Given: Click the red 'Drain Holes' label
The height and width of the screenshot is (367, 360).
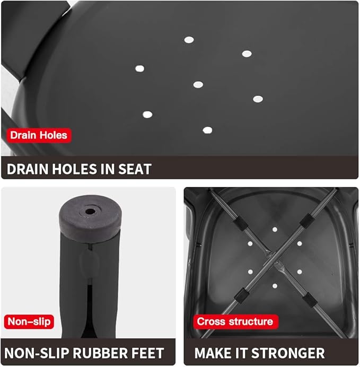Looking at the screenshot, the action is click(39, 135).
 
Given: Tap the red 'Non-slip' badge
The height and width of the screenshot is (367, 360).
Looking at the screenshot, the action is click(29, 321).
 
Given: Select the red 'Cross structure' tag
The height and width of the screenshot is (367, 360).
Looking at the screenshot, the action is click(235, 321).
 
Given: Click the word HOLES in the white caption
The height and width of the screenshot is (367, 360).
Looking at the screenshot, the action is click(74, 169).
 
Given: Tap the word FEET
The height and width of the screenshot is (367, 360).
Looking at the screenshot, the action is click(147, 353).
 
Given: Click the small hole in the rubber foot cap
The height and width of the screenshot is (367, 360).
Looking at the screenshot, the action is click(90, 212).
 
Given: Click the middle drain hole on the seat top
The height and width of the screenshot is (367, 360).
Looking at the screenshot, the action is click(198, 84).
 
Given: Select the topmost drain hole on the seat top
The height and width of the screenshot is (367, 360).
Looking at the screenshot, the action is click(189, 40).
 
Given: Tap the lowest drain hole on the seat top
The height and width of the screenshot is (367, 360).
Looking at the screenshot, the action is click(207, 130).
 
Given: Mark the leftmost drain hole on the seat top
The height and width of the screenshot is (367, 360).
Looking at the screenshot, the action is click(139, 68).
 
